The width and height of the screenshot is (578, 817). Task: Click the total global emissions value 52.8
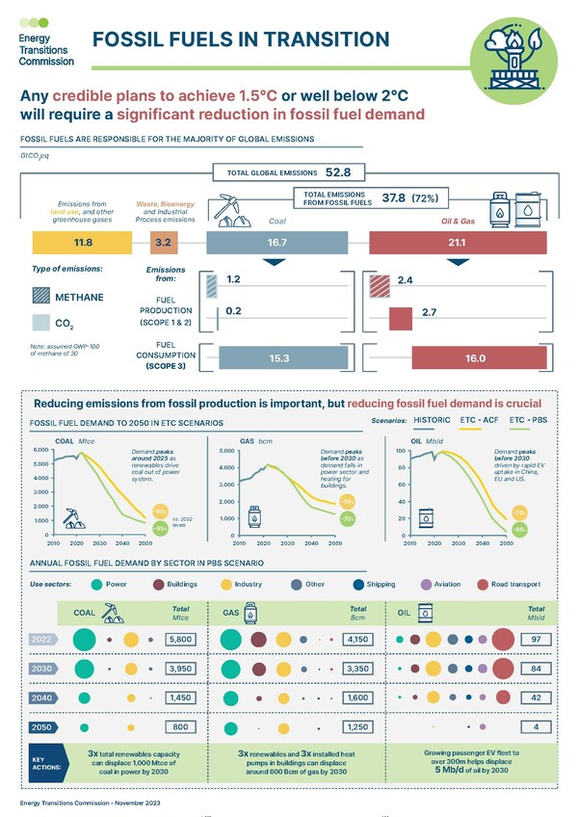(x=344, y=172)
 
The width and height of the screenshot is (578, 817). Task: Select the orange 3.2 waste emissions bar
(x=163, y=242)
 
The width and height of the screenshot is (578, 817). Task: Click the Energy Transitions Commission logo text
(x=45, y=47)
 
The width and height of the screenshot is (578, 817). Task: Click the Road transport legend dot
(x=484, y=584)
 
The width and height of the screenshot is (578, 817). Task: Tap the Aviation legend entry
(x=434, y=584)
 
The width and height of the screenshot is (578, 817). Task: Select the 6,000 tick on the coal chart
(x=40, y=450)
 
